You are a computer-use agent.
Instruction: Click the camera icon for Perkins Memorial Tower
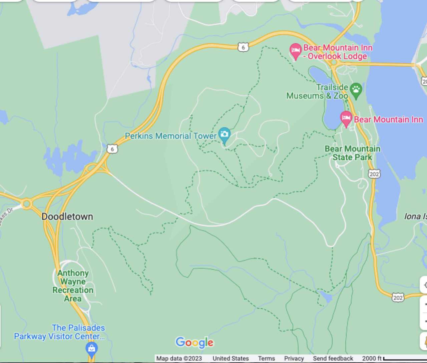(225, 134)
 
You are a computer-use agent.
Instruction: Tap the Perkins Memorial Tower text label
(170, 136)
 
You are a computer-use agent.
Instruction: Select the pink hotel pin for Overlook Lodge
(295, 51)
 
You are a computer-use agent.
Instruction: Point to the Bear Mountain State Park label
(352, 153)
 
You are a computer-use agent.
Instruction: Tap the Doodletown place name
(67, 217)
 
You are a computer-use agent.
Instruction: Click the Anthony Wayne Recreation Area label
(73, 286)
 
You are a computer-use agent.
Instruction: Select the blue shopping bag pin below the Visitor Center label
(91, 349)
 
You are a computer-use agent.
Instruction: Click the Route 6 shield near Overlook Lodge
(243, 47)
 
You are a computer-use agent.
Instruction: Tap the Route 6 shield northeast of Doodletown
(112, 149)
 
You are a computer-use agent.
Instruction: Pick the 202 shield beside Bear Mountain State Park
(374, 174)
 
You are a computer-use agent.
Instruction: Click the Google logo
(194, 342)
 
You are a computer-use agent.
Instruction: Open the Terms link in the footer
(266, 358)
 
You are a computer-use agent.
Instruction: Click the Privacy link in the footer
(294, 358)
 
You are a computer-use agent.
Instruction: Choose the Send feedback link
(333, 358)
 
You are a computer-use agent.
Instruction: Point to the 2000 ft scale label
(372, 358)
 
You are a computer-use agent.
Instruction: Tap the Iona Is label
(415, 217)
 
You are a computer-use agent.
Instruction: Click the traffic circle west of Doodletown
(26, 203)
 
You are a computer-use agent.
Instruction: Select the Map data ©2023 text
(179, 358)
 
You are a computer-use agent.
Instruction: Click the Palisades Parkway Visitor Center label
(59, 332)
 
